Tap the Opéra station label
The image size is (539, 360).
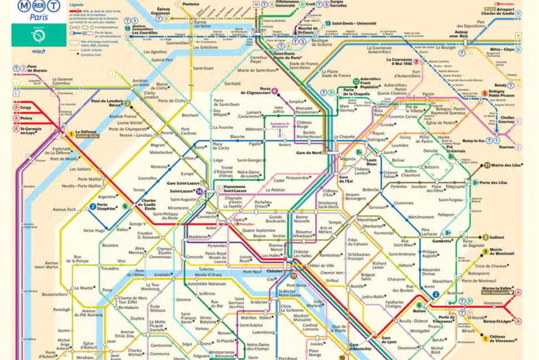[x=239, y=219]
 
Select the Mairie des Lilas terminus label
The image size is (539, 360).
[x=506, y=165]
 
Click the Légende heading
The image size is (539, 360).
[x=77, y=4]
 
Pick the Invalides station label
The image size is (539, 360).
[x=163, y=274]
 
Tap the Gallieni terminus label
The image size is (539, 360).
[x=496, y=237]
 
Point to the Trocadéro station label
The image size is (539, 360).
[x=109, y=268]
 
